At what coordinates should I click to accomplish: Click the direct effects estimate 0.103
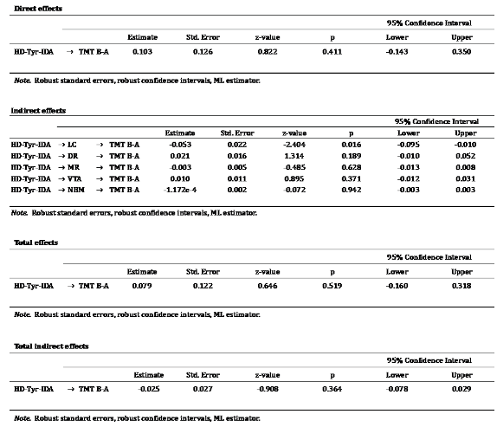(142, 52)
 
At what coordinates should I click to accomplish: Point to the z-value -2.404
(294, 144)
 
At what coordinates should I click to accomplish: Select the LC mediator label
(76, 144)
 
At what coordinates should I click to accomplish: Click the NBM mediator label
(79, 189)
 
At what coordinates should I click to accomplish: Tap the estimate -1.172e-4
(179, 189)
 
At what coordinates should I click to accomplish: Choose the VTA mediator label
(78, 178)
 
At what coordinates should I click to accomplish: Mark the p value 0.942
(352, 189)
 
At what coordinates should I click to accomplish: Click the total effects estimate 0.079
(142, 284)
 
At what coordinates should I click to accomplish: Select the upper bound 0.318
(462, 284)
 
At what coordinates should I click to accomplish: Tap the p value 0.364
(332, 389)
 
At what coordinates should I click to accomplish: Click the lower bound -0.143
(397, 52)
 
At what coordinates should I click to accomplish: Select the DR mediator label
(76, 155)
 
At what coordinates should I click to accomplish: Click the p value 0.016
(352, 144)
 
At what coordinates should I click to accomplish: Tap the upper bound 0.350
(462, 52)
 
